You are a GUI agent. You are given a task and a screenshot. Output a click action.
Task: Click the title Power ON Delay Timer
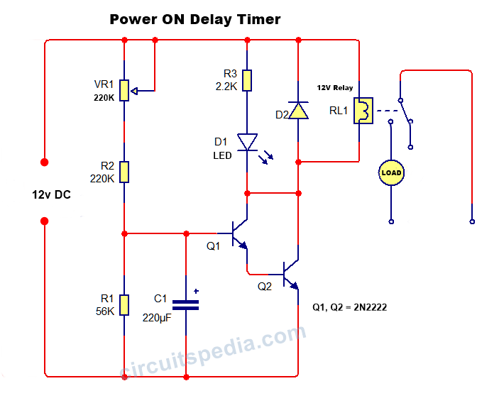[x=195, y=19]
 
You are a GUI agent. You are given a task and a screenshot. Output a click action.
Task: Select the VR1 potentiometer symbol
[x=124, y=90]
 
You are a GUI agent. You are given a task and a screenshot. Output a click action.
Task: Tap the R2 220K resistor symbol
[x=124, y=171]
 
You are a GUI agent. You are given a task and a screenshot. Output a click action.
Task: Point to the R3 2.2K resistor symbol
[x=246, y=80]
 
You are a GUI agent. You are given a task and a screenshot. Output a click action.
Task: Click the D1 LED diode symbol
[x=246, y=142]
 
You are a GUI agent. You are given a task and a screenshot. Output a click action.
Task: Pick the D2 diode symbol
[x=298, y=110]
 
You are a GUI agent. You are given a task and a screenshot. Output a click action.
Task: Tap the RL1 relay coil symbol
[x=363, y=111]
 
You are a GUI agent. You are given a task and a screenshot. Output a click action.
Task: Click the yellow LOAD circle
[x=390, y=172]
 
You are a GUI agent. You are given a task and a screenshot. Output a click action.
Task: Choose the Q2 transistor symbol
[x=289, y=274]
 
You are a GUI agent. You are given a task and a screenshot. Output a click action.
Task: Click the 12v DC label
[x=51, y=194]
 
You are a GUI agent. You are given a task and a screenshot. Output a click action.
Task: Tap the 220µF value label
[x=157, y=317]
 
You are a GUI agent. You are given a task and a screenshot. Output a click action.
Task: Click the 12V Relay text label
[x=334, y=88]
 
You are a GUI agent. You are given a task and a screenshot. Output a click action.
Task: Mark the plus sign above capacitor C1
[x=197, y=291]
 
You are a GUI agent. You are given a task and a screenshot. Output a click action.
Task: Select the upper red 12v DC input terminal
[x=45, y=162]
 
